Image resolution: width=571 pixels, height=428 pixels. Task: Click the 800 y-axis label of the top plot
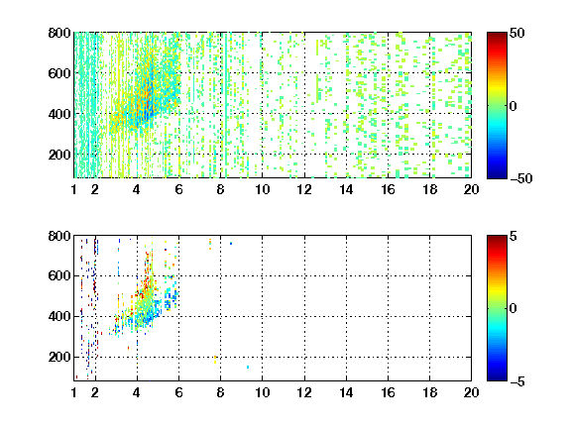coord(59,33)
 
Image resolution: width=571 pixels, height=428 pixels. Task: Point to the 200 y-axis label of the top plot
coord(59,155)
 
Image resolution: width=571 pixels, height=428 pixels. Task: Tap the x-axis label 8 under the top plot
coord(220,189)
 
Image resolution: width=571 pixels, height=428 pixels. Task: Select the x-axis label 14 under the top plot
coord(346,189)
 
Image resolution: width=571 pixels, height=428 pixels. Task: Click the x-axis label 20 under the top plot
coord(471,189)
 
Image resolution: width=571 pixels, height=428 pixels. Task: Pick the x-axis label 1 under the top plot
coord(74,189)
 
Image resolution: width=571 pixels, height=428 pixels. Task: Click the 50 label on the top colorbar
coord(516,33)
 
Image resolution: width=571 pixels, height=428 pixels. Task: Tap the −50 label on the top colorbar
coord(521,178)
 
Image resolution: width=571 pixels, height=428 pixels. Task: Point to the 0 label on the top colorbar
coord(513,106)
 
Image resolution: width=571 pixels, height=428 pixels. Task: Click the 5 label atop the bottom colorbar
coord(513,236)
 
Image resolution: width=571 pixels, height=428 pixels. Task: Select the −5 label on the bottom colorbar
coord(517,381)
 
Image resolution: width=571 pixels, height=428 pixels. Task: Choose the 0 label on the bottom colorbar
coord(513,309)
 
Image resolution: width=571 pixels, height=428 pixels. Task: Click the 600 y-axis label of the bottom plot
coord(59,275)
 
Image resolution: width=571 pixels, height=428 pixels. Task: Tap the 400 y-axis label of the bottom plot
coord(59,316)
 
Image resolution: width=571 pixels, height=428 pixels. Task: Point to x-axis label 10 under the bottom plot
coord(262,392)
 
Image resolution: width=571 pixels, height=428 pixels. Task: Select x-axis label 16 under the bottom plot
coord(388,392)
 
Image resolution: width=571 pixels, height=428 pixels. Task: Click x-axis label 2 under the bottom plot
coord(95,392)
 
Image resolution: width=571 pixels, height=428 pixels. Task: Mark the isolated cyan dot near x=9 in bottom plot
coord(248,367)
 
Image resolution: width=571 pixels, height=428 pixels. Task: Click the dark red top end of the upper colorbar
coord(497,35)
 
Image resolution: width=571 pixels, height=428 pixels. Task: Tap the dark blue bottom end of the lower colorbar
coord(497,378)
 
